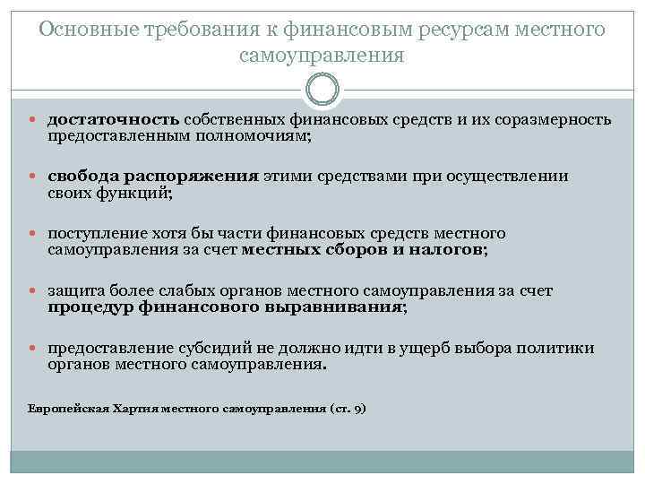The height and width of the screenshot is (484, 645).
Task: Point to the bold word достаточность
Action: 116,120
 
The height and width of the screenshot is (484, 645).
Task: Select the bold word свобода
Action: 82,176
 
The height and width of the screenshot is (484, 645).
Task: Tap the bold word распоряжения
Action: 190,176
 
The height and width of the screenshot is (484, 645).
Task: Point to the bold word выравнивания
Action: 341,307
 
